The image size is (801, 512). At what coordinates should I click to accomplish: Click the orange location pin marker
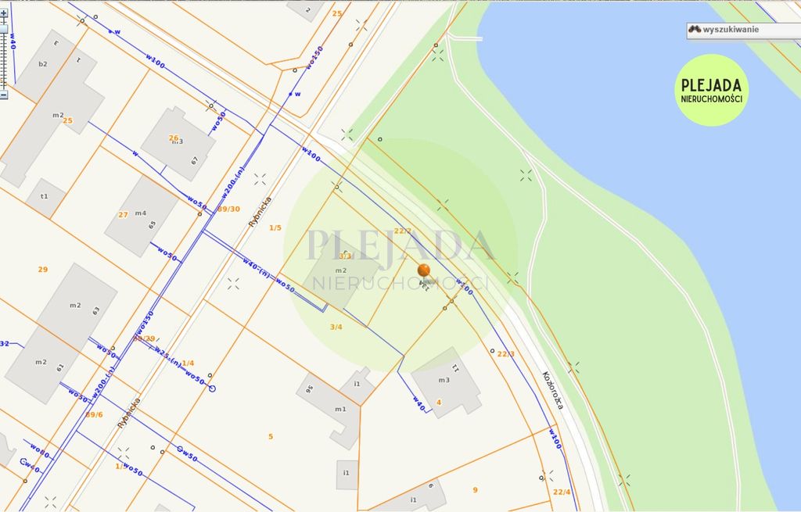point(423,271)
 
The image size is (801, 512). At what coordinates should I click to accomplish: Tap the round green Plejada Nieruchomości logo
point(711,90)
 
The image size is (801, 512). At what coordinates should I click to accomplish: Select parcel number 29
point(43,269)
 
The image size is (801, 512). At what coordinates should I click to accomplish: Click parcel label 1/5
point(275,227)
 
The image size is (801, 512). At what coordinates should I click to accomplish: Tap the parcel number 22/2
point(402,231)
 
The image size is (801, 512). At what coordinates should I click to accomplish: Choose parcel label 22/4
point(562,492)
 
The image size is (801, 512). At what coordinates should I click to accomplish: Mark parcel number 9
point(475,490)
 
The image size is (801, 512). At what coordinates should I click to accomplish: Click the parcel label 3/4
point(336,327)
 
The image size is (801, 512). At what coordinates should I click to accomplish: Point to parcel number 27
point(123,214)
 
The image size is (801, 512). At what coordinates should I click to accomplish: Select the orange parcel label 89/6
point(94,414)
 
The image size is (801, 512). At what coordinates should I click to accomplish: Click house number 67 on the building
point(195,161)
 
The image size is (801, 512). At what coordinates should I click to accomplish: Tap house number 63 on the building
point(96,310)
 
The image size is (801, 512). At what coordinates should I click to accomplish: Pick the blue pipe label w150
point(314,57)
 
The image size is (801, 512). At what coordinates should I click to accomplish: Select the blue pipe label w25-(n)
point(167,356)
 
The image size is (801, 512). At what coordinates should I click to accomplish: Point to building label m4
point(140,213)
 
